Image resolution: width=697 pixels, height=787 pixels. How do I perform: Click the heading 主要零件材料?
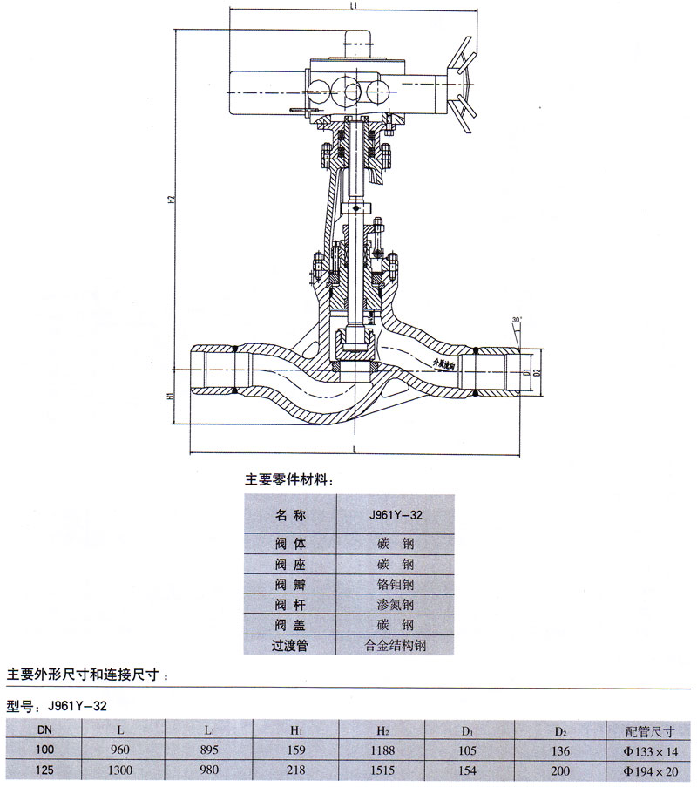285,479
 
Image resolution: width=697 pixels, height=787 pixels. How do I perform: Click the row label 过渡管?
286,646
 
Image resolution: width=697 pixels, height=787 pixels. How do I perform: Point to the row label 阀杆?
286,604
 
